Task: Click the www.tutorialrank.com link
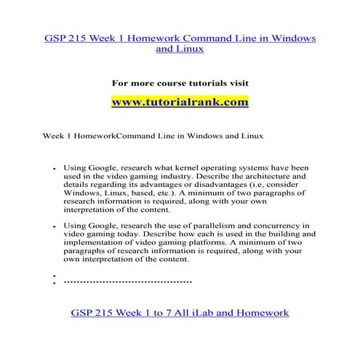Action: coord(180,103)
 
